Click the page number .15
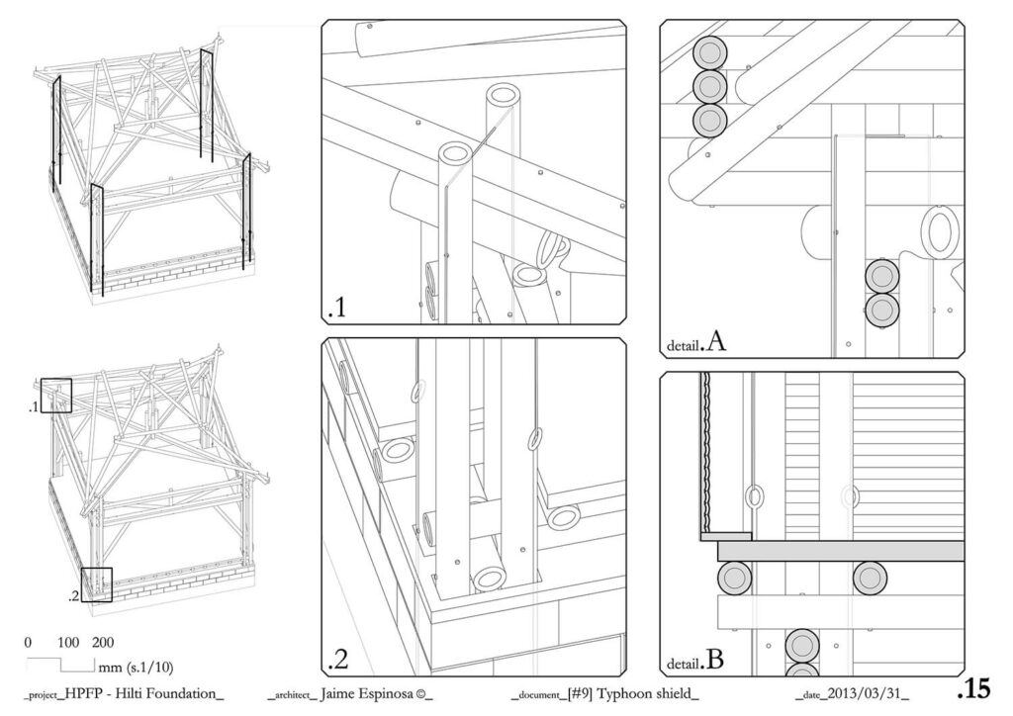[x=974, y=687]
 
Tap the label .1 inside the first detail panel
[x=336, y=309]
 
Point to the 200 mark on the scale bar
[x=103, y=642]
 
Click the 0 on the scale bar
[x=28, y=642]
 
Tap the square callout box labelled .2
[x=97, y=583]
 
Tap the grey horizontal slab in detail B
[x=841, y=551]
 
